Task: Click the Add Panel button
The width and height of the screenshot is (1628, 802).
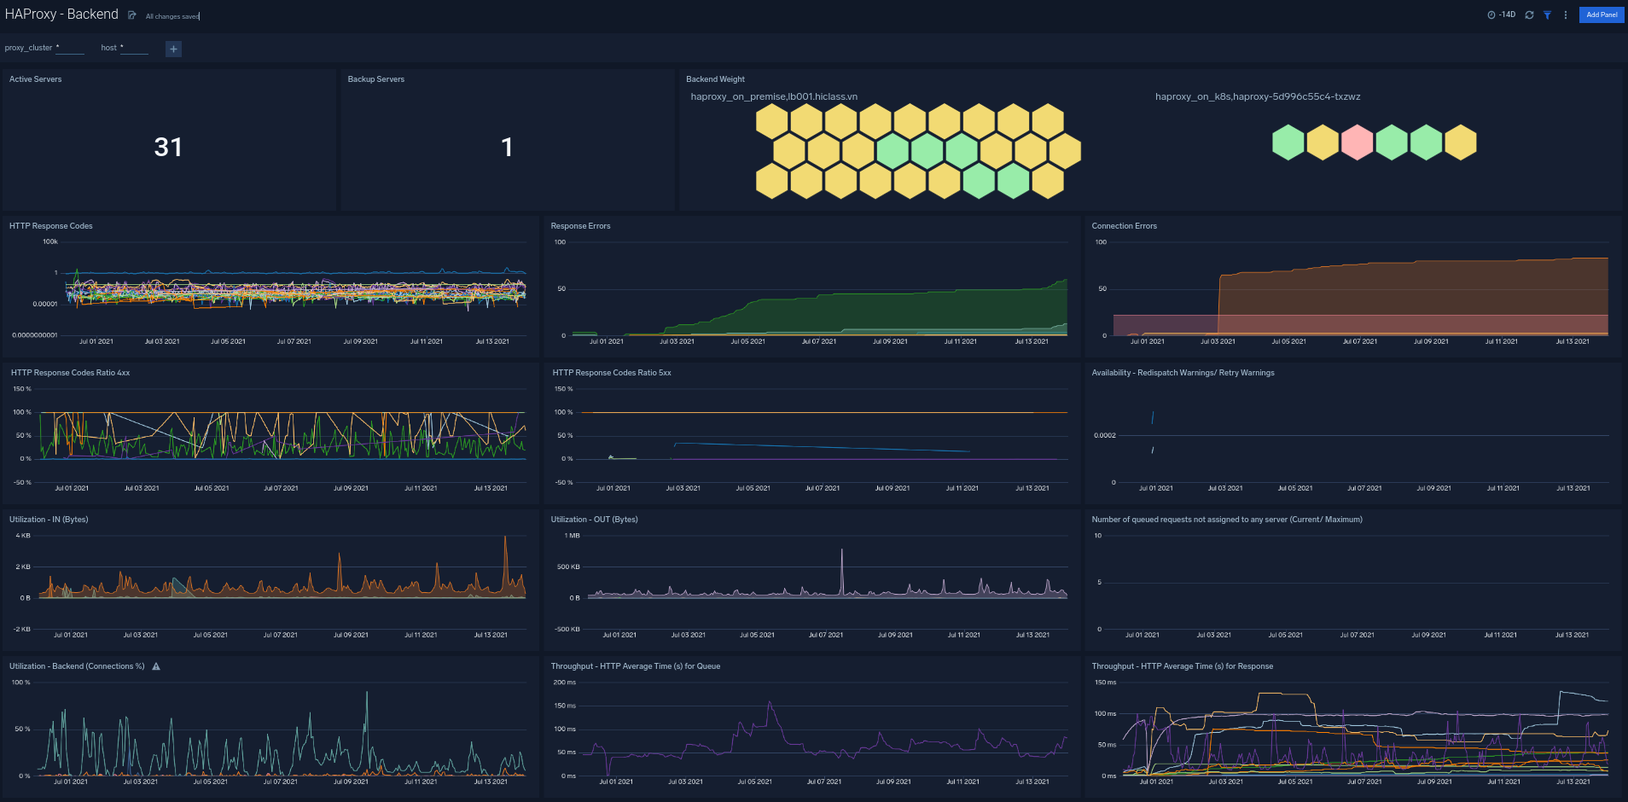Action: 1601,15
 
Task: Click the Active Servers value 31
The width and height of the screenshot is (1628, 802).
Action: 168,148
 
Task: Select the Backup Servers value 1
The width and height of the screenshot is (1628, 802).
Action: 507,148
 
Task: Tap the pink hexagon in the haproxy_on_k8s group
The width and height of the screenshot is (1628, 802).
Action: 1357,142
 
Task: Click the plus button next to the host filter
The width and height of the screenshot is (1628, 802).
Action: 173,49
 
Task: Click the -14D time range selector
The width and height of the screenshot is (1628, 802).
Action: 1502,15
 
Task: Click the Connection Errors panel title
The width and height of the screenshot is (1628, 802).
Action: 1124,226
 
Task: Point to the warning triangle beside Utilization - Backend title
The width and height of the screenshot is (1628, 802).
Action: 156,666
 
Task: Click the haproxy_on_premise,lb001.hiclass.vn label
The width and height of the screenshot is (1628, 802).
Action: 774,96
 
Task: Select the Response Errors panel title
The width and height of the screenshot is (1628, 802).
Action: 580,226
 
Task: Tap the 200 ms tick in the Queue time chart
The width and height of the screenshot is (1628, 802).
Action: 564,683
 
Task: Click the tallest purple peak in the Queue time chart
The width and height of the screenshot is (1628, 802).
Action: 770,703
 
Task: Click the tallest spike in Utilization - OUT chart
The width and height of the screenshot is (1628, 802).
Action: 842,550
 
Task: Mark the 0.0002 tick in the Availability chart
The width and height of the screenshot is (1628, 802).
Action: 1104,435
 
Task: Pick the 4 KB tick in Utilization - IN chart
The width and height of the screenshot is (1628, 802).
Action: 23,536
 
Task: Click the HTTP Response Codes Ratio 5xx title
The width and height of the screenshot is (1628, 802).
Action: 611,373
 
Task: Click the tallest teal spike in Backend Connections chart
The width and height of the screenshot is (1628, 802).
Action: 367,693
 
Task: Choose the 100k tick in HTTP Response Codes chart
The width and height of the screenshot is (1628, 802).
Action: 50,241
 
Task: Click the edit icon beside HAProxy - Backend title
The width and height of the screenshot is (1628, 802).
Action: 132,15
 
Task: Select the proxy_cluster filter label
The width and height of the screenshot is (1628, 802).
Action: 28,48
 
